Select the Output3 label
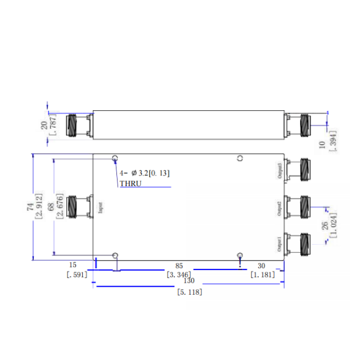(280, 170)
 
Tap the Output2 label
(280, 208)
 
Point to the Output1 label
(280, 245)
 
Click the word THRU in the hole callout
(130, 183)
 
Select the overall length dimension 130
(189, 281)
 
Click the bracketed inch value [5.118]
(189, 292)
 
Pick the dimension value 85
(179, 265)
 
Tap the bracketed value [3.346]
(179, 274)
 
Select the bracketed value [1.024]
(334, 226)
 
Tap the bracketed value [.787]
(52, 124)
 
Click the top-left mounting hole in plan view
(115, 159)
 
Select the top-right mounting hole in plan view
(240, 159)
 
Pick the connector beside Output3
(299, 169)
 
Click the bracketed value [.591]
(76, 274)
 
